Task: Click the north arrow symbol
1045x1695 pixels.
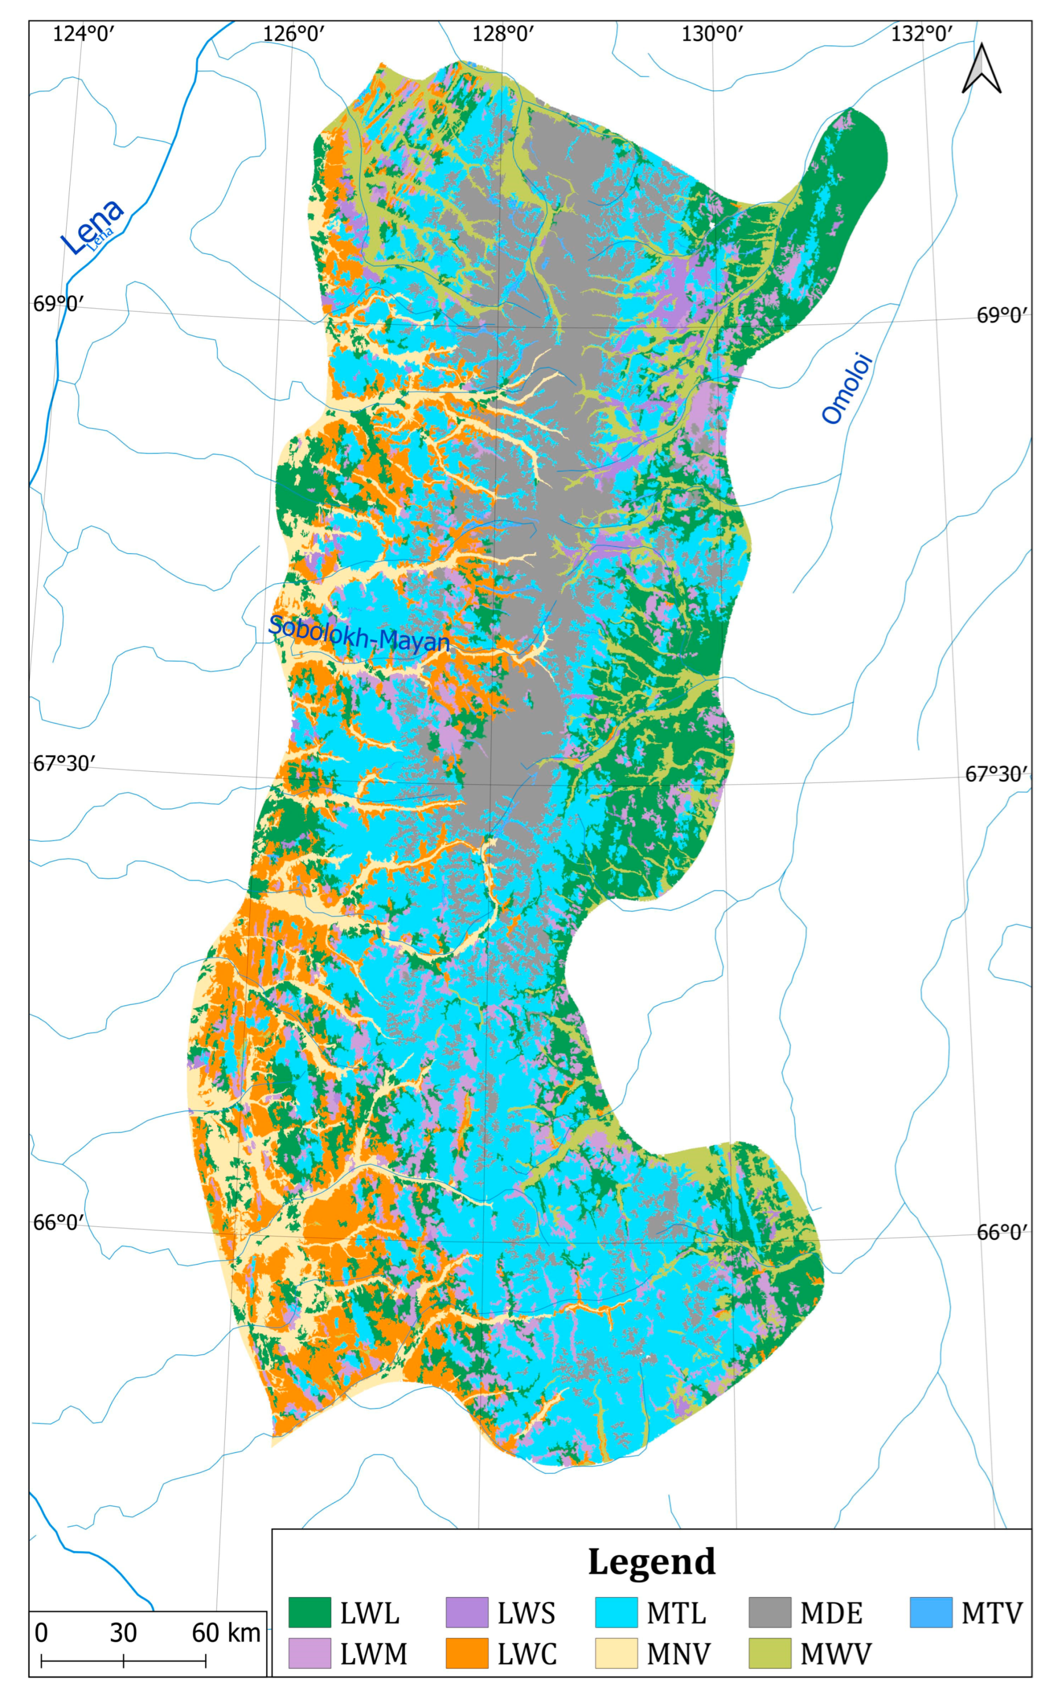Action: (982, 69)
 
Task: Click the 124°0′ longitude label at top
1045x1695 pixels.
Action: (83, 33)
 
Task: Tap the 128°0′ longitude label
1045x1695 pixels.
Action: (503, 33)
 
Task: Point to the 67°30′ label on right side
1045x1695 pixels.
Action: (996, 774)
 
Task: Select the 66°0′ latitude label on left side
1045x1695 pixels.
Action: (59, 1222)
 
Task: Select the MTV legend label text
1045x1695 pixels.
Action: (991, 1613)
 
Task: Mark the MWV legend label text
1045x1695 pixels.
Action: (836, 1654)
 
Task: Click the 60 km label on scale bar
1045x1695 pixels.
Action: (226, 1633)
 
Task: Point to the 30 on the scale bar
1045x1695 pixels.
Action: (123, 1633)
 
